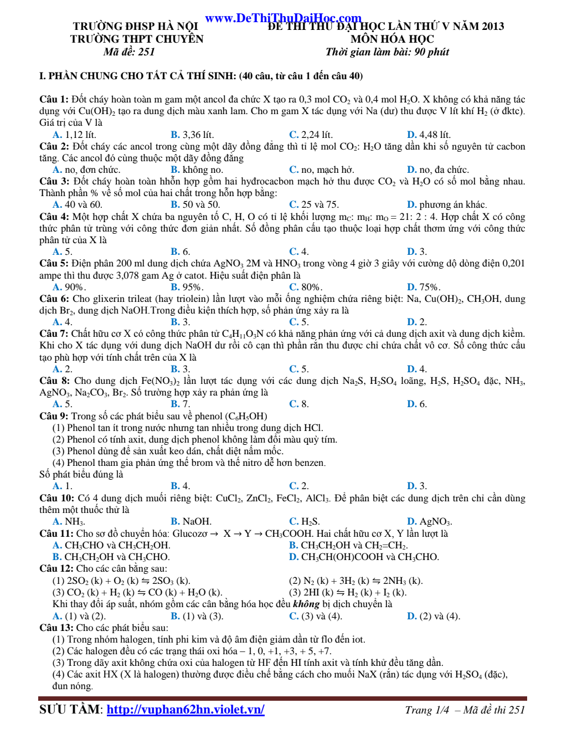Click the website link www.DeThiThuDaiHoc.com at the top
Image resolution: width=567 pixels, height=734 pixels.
point(283,18)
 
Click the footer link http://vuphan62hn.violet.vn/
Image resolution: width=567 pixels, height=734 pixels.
point(185,710)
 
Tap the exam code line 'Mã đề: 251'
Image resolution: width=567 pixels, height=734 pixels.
point(129,52)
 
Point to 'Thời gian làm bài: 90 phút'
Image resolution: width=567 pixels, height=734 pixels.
point(387,52)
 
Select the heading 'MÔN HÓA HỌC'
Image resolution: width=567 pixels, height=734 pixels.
point(392,39)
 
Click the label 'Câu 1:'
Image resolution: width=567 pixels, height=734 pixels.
point(54,100)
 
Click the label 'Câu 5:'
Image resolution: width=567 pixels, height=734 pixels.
point(54,264)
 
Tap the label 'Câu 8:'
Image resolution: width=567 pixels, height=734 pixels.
point(54,381)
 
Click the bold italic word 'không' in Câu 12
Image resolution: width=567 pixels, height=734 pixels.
point(306,604)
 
